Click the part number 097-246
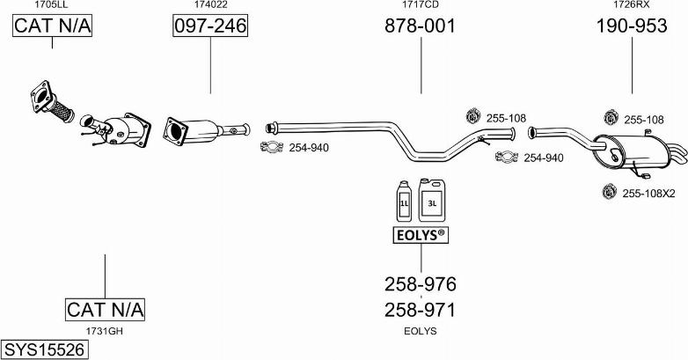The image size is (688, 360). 210,26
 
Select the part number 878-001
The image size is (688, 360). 421,26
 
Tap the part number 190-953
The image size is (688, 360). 632,26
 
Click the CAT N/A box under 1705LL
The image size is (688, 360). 52,26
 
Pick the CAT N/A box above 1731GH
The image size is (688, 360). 105,309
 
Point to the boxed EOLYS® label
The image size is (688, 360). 420,235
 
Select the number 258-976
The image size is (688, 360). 421,284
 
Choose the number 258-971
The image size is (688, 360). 421,310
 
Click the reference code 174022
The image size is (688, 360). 210,5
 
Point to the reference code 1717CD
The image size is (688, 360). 421,5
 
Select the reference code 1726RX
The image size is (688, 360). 632,5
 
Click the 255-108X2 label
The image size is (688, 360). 648,193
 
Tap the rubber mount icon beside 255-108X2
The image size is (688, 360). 606,191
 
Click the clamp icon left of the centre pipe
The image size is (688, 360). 274,148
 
